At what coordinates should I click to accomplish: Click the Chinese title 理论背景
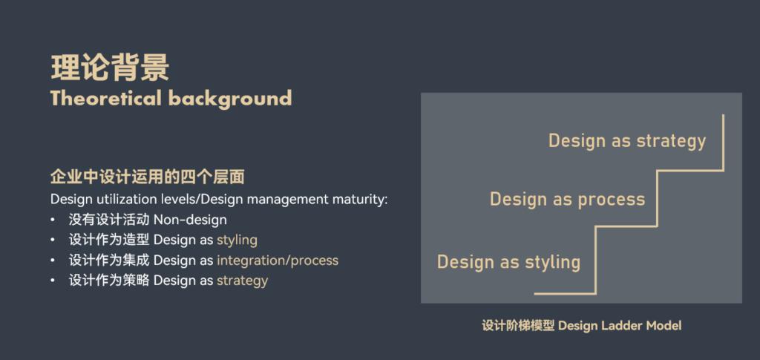[x=110, y=68]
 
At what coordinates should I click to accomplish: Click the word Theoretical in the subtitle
[x=106, y=98]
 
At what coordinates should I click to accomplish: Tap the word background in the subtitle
[x=230, y=99]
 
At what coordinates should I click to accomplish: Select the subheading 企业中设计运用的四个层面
[x=148, y=177]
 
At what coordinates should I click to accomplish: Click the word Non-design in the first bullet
[x=190, y=220]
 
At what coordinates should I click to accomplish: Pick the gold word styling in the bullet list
[x=237, y=240]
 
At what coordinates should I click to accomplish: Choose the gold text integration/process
[x=278, y=261]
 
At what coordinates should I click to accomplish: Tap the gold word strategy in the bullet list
[x=243, y=281]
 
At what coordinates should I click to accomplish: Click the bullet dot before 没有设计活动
[x=53, y=220]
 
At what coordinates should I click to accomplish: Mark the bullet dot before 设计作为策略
[x=53, y=281]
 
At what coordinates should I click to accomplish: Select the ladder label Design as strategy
[x=627, y=141]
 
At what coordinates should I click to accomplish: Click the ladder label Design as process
[x=568, y=199]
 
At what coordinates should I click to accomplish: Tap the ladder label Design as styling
[x=509, y=262]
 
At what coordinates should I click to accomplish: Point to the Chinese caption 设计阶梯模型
[x=518, y=326]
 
